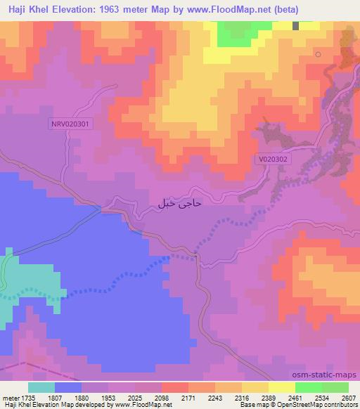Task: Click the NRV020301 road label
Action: click(x=72, y=123)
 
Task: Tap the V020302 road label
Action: click(x=273, y=160)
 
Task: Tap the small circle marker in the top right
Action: click(x=319, y=54)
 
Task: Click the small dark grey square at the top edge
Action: click(x=295, y=25)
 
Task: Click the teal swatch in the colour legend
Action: click(x=41, y=387)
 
